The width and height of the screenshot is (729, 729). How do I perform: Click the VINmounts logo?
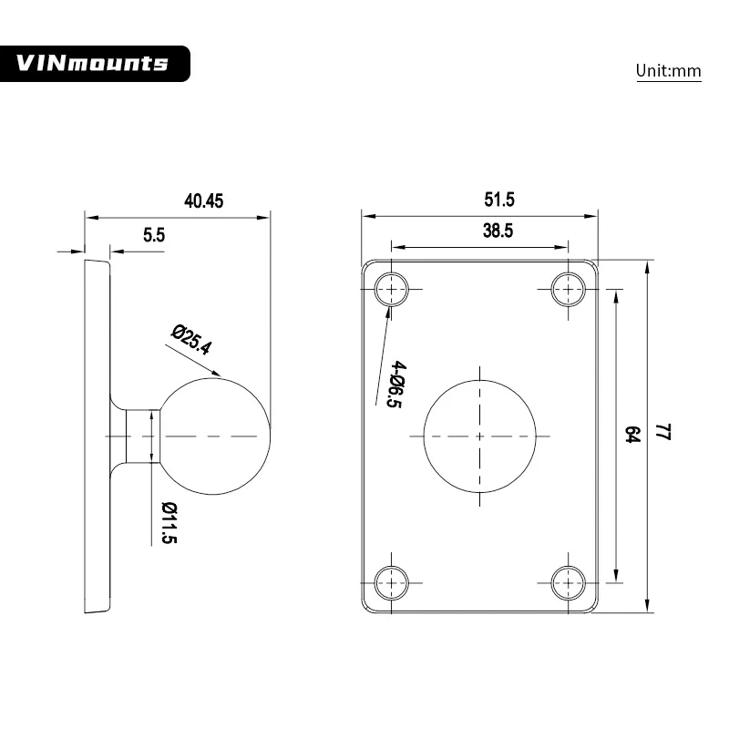[x=94, y=63]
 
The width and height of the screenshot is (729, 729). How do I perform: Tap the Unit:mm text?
[x=668, y=70]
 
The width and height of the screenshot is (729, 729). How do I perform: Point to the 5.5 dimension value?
[x=154, y=234]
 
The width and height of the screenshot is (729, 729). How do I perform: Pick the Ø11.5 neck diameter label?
[x=169, y=522]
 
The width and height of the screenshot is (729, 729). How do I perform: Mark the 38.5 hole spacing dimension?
[x=498, y=231]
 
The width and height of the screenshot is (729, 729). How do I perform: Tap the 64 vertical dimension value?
[x=631, y=435]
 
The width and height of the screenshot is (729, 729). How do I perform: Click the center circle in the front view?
[x=480, y=436]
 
